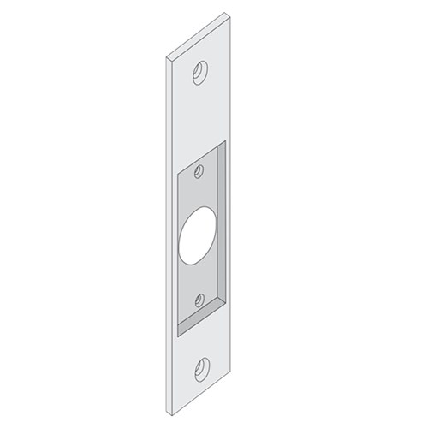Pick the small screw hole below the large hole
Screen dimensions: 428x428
coord(199,299)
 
